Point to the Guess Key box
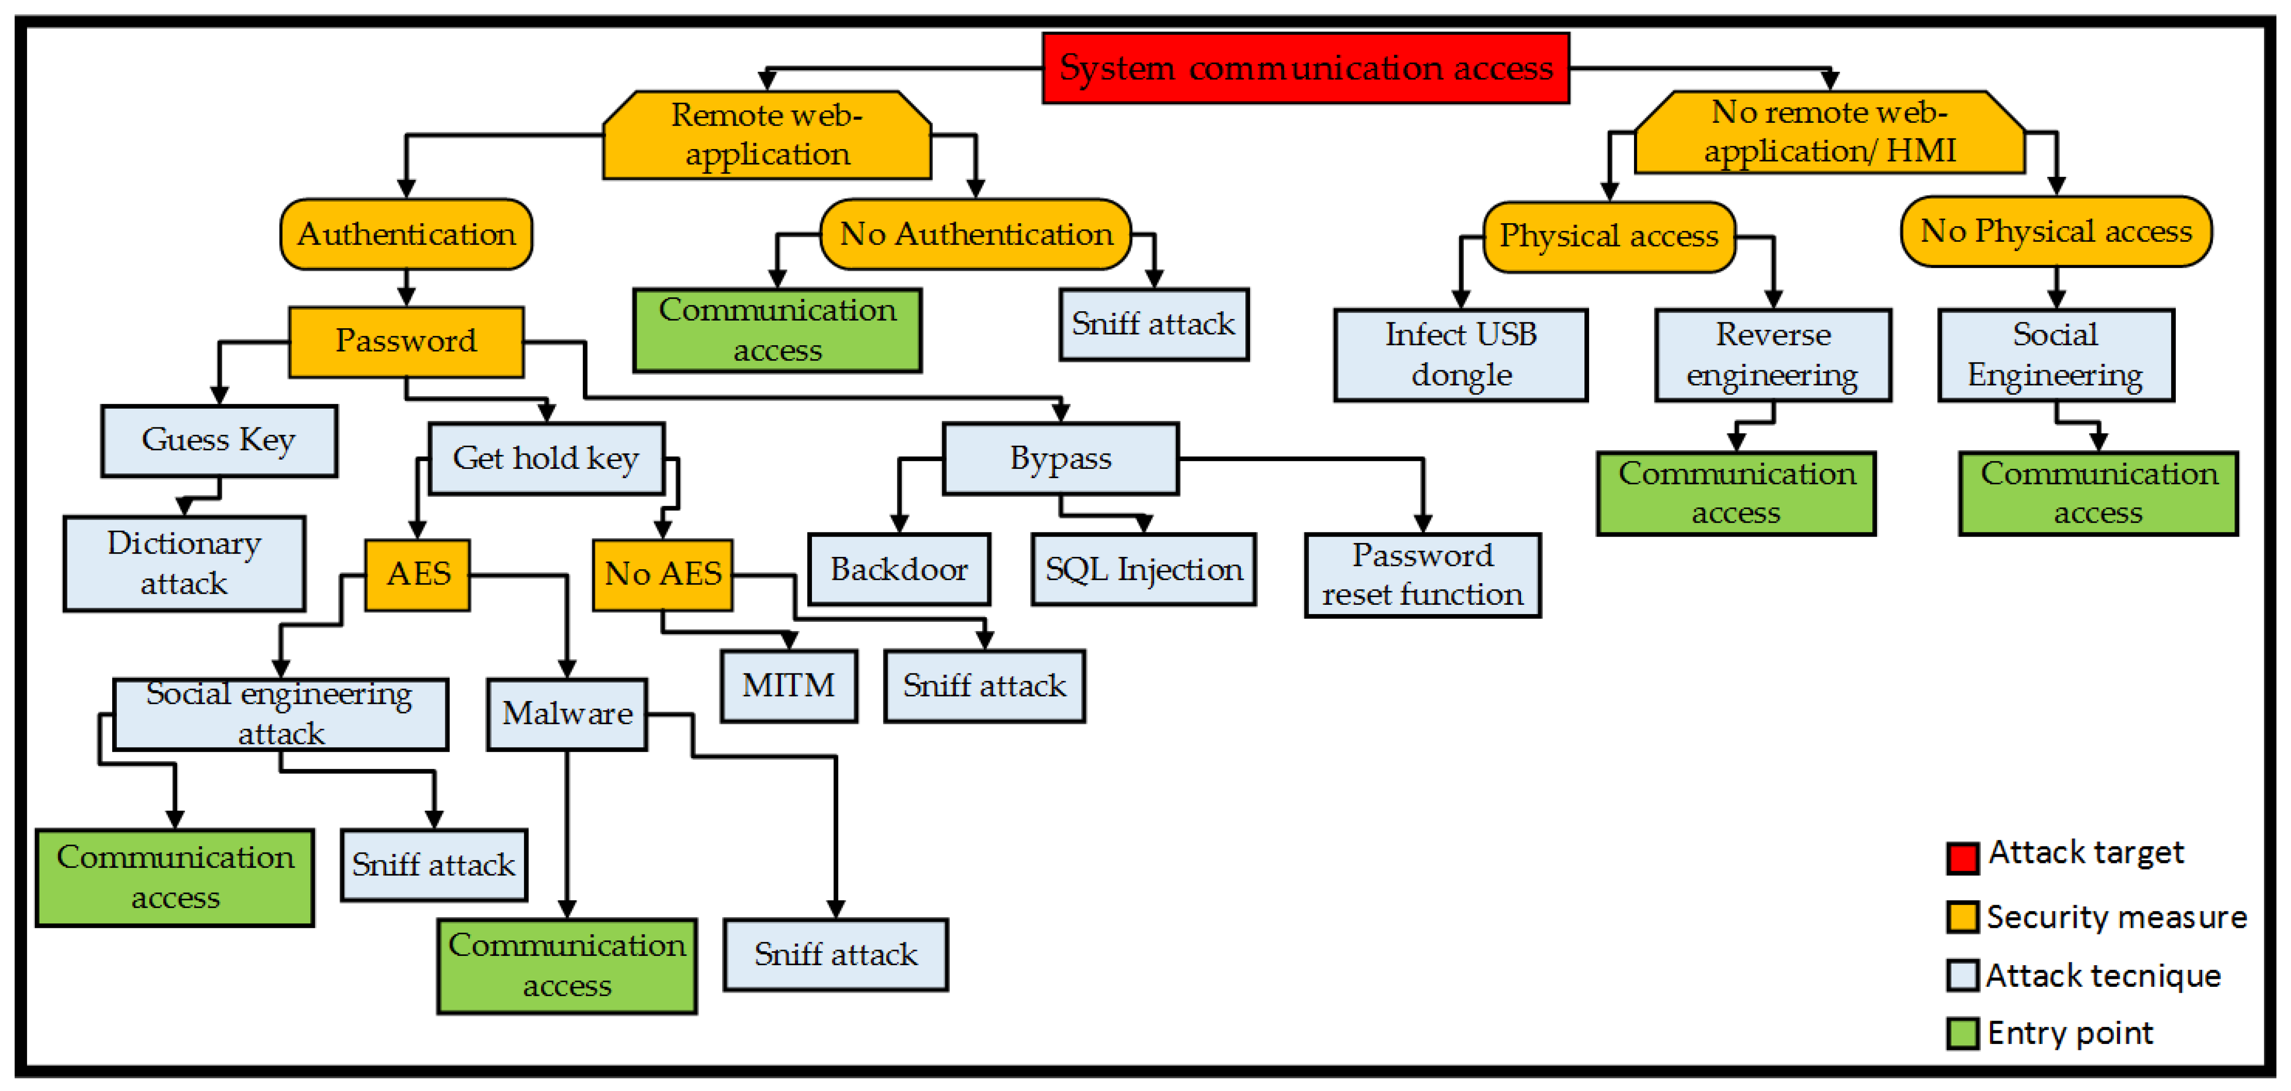click(x=219, y=440)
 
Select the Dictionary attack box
click(x=184, y=563)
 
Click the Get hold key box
click(x=546, y=458)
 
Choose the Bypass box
click(x=1060, y=458)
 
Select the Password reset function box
click(x=1422, y=575)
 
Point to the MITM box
click(x=789, y=685)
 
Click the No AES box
click(x=662, y=574)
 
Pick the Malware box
click(x=566, y=714)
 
